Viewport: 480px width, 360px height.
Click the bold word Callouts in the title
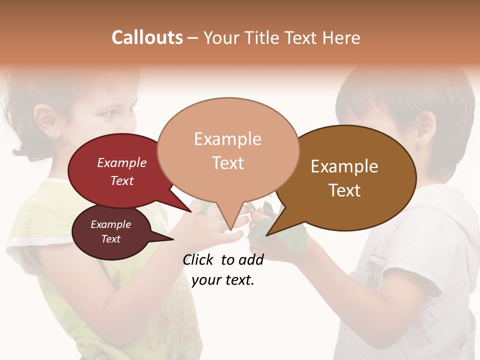coord(147,37)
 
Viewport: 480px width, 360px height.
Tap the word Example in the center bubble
coord(227,139)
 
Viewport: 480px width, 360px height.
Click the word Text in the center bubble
coord(227,163)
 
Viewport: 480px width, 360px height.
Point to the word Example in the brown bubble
coord(344,166)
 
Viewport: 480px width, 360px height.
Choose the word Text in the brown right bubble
coord(344,190)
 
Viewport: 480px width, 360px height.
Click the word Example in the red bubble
coord(122,162)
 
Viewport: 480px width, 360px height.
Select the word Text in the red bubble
coord(122,180)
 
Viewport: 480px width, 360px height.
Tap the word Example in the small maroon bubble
coord(110,224)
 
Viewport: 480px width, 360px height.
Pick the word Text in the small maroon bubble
coord(110,239)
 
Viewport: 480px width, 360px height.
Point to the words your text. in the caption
coord(223,280)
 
